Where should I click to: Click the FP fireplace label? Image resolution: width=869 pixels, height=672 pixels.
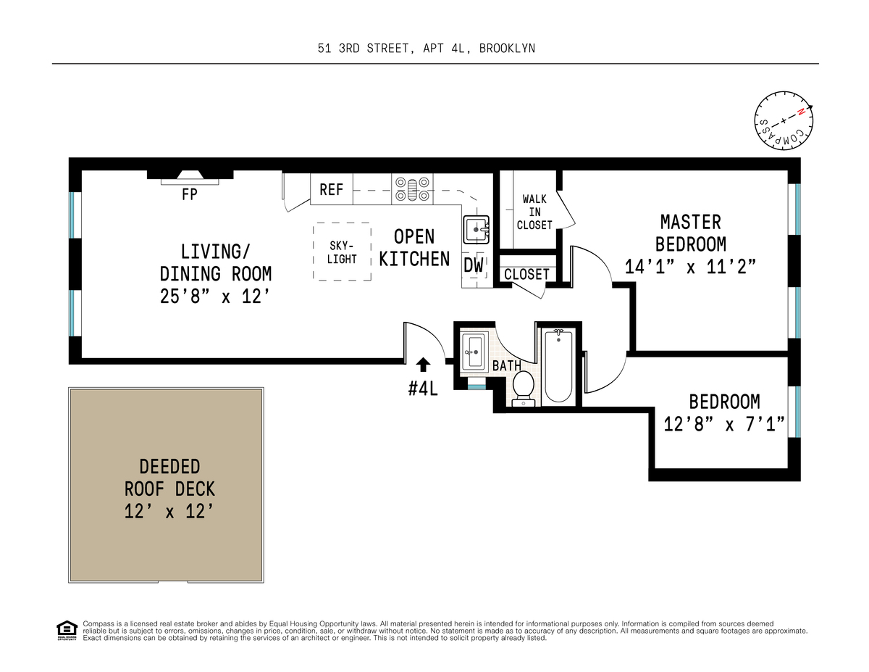coord(189,194)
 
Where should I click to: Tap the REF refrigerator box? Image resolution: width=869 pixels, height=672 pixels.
coord(332,189)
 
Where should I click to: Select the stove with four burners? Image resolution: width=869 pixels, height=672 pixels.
coord(412,189)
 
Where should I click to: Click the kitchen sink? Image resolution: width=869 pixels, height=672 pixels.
coord(476,230)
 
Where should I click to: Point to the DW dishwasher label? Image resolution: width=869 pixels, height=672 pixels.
coord(474,265)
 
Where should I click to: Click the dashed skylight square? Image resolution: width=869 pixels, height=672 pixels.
coord(342,252)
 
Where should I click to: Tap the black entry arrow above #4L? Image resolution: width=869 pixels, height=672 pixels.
coord(423,365)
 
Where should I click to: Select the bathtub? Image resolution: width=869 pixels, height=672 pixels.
coord(558,366)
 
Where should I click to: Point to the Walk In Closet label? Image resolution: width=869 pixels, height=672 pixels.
coord(534,212)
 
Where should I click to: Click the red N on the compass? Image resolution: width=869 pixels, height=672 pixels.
coord(801,112)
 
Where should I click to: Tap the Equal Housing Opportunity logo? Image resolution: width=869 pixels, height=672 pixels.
coord(67,631)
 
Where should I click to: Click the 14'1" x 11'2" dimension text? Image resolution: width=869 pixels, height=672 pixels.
coord(690,267)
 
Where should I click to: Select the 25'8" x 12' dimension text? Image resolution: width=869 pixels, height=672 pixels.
coord(215,296)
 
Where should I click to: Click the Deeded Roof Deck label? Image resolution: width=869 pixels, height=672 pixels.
coord(169,478)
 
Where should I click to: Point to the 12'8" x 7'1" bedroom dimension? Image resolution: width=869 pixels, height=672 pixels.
coord(724,424)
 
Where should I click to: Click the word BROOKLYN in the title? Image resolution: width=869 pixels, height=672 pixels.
coord(507,49)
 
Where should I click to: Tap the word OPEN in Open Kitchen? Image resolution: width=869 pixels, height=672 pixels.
coord(414,236)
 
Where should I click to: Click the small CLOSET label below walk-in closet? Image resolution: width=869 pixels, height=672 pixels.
coord(526,275)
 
